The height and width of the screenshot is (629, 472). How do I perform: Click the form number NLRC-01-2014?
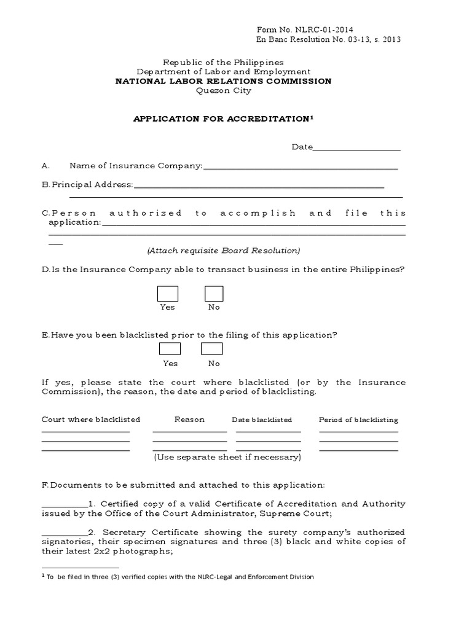[304, 29]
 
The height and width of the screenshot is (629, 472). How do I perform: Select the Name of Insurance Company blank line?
[300, 168]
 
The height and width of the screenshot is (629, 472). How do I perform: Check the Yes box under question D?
[168, 294]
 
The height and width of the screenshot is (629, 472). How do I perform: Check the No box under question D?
[214, 294]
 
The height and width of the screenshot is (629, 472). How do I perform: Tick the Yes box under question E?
[170, 349]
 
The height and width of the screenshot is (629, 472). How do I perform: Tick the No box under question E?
[211, 349]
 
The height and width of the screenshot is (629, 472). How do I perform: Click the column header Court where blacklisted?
[91, 420]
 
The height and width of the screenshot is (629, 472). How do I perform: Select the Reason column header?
[189, 420]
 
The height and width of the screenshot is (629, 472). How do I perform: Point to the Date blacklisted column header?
[262, 420]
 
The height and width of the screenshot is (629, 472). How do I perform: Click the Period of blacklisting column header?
[358, 420]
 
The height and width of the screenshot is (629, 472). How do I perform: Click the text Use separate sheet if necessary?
[227, 457]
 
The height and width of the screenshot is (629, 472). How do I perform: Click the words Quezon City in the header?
[223, 90]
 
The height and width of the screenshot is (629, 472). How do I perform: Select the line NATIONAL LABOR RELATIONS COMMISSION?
[223, 81]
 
